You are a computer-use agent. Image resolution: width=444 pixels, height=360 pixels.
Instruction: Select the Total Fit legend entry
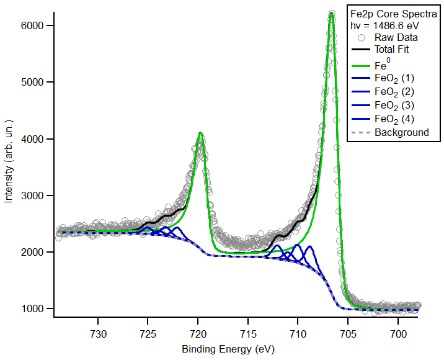[391, 49]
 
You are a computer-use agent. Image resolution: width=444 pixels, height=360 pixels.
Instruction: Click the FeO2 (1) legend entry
[394, 78]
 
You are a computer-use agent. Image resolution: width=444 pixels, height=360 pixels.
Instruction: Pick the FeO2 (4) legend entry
[394, 119]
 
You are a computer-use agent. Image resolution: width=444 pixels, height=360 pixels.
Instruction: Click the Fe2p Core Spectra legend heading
[389, 14]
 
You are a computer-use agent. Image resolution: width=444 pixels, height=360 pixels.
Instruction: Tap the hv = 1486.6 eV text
[389, 25]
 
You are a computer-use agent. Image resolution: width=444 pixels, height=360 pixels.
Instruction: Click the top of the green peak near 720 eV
[200, 133]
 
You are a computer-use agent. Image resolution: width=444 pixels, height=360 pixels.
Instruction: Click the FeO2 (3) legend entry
[394, 105]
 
